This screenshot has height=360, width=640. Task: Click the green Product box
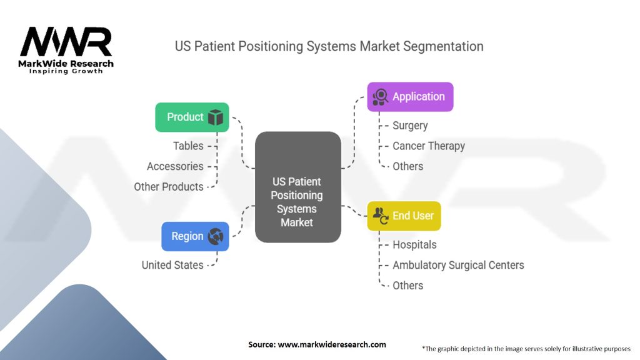(x=192, y=117)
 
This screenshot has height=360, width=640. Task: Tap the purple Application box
(x=410, y=97)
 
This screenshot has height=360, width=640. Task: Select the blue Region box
(x=195, y=236)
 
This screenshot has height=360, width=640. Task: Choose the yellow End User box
(x=404, y=216)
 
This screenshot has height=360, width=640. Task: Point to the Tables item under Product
(x=188, y=146)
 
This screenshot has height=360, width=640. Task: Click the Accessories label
(x=175, y=166)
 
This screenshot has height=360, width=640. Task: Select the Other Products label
(x=169, y=187)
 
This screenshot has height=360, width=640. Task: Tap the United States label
(x=172, y=265)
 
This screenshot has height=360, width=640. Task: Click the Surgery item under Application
(x=410, y=126)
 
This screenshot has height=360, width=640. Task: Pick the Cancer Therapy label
(x=429, y=146)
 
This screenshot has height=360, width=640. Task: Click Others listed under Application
(x=407, y=166)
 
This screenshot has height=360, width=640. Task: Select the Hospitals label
(x=414, y=245)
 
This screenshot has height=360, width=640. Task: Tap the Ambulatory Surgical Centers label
(x=458, y=265)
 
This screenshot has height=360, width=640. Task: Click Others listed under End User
(x=407, y=286)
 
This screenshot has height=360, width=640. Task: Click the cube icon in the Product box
(x=216, y=117)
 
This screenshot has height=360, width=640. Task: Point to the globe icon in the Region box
(x=216, y=236)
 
